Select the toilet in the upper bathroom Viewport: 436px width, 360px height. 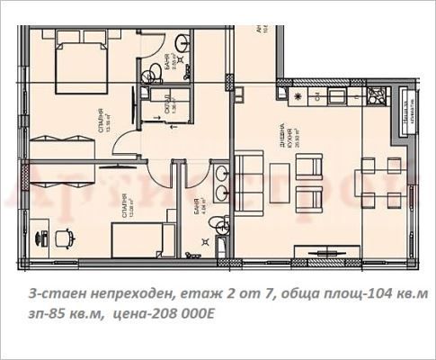[156, 71]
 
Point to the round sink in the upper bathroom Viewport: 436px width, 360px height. [183, 40]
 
